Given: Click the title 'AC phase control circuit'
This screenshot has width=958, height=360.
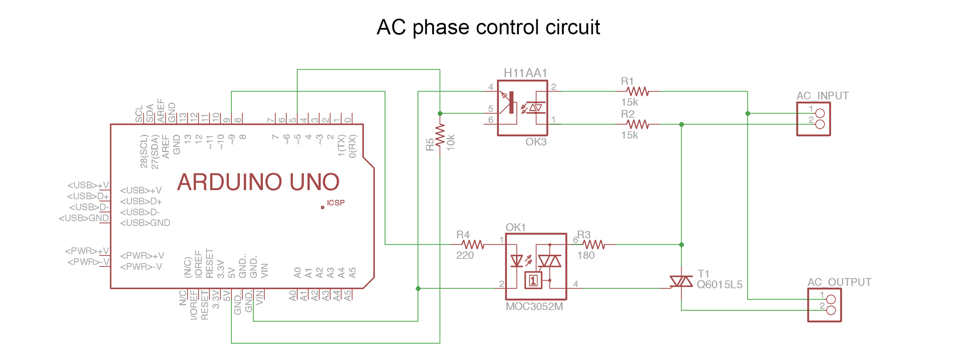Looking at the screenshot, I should pyautogui.click(x=488, y=27).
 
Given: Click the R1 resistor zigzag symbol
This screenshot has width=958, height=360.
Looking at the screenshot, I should pyautogui.click(x=637, y=91).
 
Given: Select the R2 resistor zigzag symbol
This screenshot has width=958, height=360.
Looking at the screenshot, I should pyautogui.click(x=637, y=124).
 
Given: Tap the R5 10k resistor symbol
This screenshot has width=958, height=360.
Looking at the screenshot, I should pyautogui.click(x=440, y=136).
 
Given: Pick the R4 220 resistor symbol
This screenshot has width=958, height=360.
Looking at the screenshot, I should pyautogui.click(x=473, y=244).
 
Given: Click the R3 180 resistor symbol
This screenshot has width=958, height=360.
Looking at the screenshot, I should pyautogui.click(x=594, y=244).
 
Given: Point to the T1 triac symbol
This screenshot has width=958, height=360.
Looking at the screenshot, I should pyautogui.click(x=681, y=281).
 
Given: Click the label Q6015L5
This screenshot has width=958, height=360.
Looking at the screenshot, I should pyautogui.click(x=719, y=285).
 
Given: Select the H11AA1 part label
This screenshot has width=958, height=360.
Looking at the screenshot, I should pyautogui.click(x=525, y=73).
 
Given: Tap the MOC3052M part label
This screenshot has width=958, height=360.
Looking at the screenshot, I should pyautogui.click(x=534, y=306).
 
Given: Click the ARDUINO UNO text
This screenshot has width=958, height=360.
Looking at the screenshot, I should pyautogui.click(x=258, y=182).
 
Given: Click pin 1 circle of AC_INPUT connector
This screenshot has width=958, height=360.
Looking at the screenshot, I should pyautogui.click(x=820, y=114).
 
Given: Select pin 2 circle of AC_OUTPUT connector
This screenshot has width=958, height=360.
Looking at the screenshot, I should pyautogui.click(x=831, y=310).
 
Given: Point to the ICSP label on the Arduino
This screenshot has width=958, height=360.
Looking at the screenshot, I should pyautogui.click(x=336, y=203).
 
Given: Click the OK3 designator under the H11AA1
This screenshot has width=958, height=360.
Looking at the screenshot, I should pyautogui.click(x=536, y=142).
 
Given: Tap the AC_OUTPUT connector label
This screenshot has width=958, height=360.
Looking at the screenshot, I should pyautogui.click(x=839, y=282).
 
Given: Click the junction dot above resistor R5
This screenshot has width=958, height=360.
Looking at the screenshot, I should pyautogui.click(x=440, y=114).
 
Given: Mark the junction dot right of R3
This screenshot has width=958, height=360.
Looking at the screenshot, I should pyautogui.click(x=681, y=245).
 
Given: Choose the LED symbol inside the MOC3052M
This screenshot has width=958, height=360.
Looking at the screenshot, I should pyautogui.click(x=517, y=260).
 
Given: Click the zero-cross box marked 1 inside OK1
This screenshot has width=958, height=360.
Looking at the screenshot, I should pyautogui.click(x=533, y=280).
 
